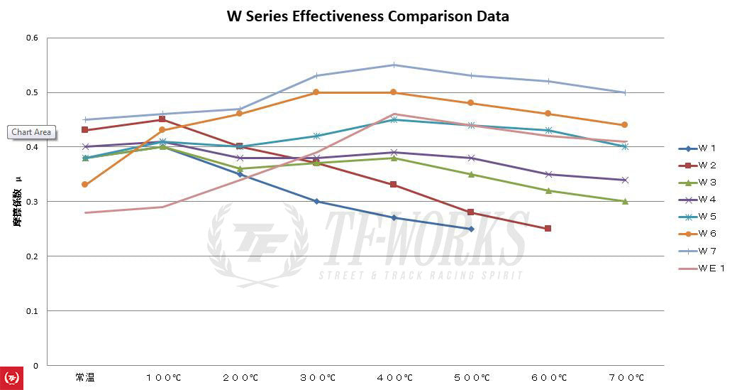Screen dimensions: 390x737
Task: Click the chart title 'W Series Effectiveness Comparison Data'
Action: [367, 16]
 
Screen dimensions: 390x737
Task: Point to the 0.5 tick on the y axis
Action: [32, 92]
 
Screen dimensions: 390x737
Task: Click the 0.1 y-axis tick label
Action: [32, 310]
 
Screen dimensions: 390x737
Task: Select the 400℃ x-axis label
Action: [394, 378]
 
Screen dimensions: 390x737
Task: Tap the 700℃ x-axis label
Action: [625, 378]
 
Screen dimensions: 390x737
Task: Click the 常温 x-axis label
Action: [85, 378]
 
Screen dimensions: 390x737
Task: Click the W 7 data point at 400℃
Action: [394, 65]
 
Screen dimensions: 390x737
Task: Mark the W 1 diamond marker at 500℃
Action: [471, 229]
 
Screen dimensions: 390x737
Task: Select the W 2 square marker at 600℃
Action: [548, 229]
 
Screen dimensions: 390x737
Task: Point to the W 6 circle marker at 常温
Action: [85, 185]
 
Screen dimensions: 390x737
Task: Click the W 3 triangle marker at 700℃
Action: [625, 201]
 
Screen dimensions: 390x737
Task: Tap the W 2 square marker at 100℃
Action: [162, 119]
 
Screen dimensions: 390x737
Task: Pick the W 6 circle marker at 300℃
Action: [316, 92]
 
